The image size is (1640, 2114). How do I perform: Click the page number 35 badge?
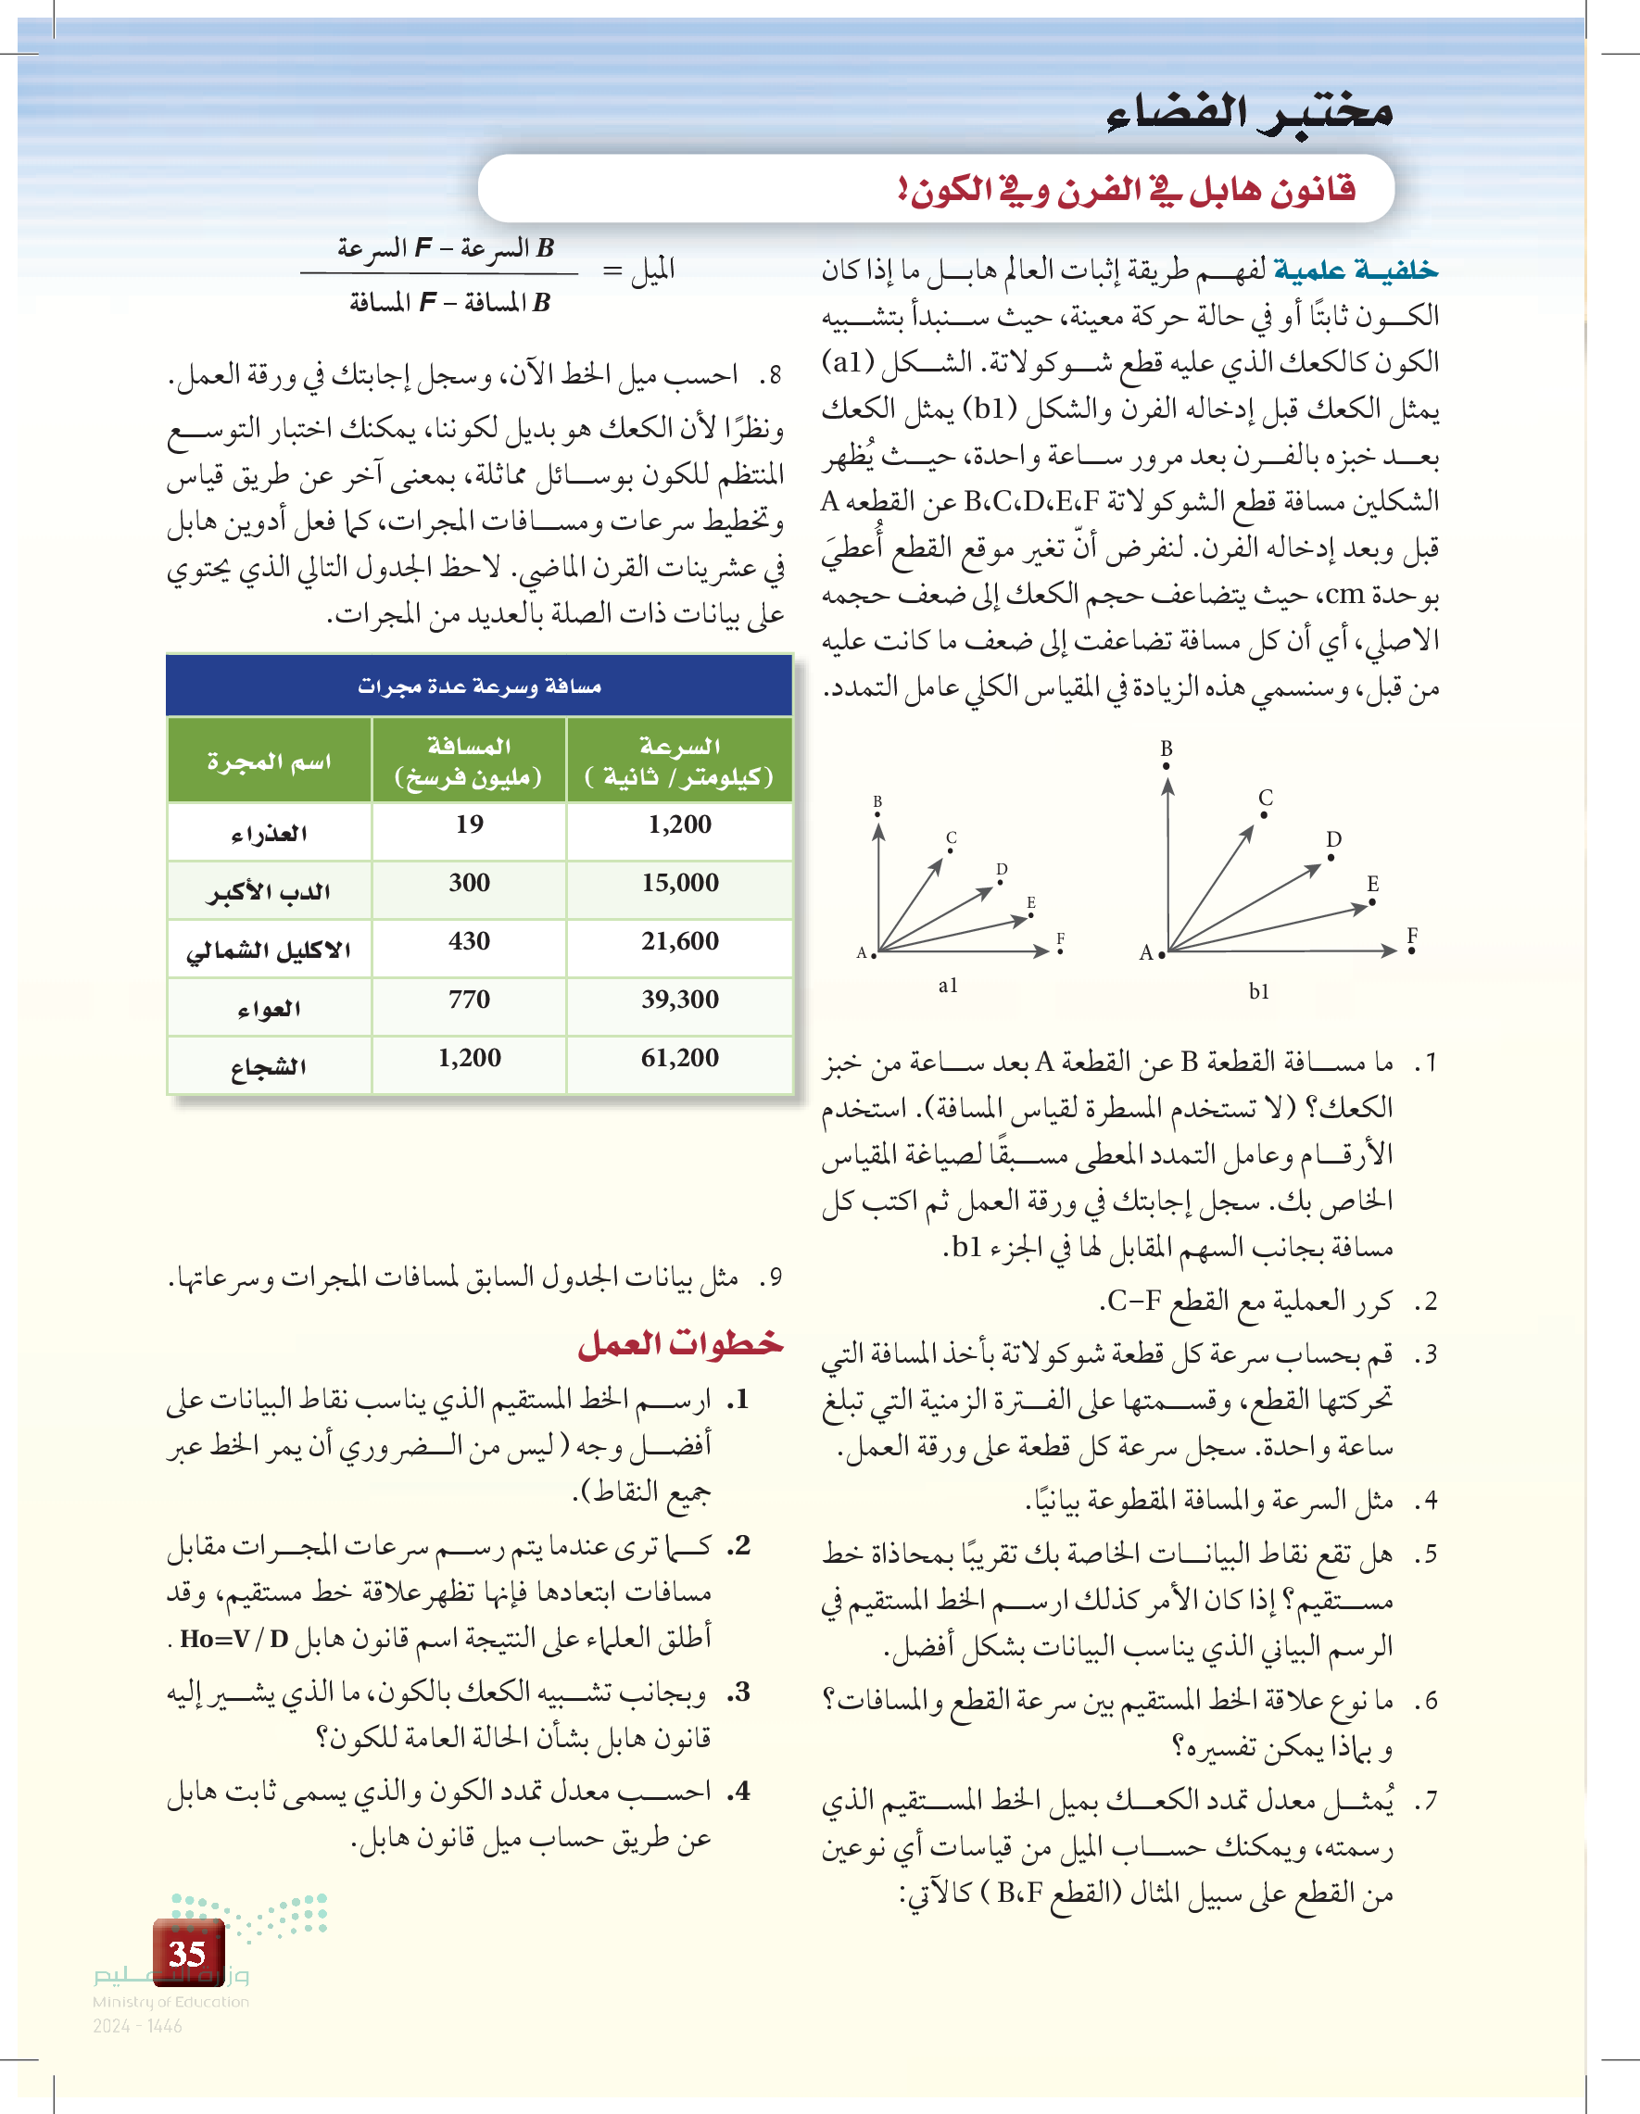(x=188, y=1953)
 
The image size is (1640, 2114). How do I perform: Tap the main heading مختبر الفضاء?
(x=1249, y=113)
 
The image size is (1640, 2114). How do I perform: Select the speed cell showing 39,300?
(x=679, y=999)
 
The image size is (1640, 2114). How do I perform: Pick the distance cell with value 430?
(x=470, y=941)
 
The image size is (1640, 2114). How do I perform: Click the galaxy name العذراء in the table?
(x=268, y=834)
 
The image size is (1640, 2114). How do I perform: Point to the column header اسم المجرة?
(x=268, y=761)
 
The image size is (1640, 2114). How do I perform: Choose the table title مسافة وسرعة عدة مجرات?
(x=479, y=686)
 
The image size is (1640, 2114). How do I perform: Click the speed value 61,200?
(x=679, y=1057)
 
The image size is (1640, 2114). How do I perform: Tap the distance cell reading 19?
(x=470, y=824)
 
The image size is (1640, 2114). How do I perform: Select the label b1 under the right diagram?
(x=1258, y=991)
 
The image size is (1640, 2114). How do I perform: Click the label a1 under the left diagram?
(x=948, y=986)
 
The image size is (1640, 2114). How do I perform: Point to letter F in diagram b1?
(x=1412, y=935)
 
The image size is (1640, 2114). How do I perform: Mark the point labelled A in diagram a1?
(x=873, y=954)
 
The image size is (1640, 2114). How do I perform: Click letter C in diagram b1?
(x=1266, y=798)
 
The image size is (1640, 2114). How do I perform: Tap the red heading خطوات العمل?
(x=681, y=1343)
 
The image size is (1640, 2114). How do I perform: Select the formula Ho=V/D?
(x=235, y=1639)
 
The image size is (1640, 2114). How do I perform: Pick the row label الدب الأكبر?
(x=268, y=891)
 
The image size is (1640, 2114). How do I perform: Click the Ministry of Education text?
(x=170, y=2002)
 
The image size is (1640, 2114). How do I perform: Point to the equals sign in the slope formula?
(x=612, y=271)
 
